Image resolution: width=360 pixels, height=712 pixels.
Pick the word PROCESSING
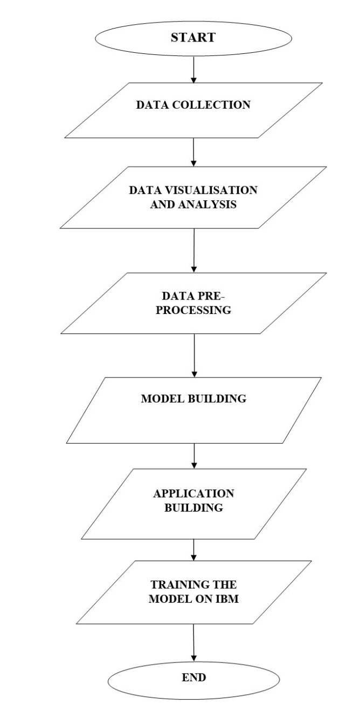[193, 310]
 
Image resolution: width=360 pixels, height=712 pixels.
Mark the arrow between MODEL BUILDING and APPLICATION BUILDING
[193, 455]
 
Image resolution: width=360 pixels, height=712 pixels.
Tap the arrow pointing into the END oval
[193, 643]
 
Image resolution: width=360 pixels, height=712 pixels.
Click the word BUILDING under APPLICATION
[193, 507]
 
